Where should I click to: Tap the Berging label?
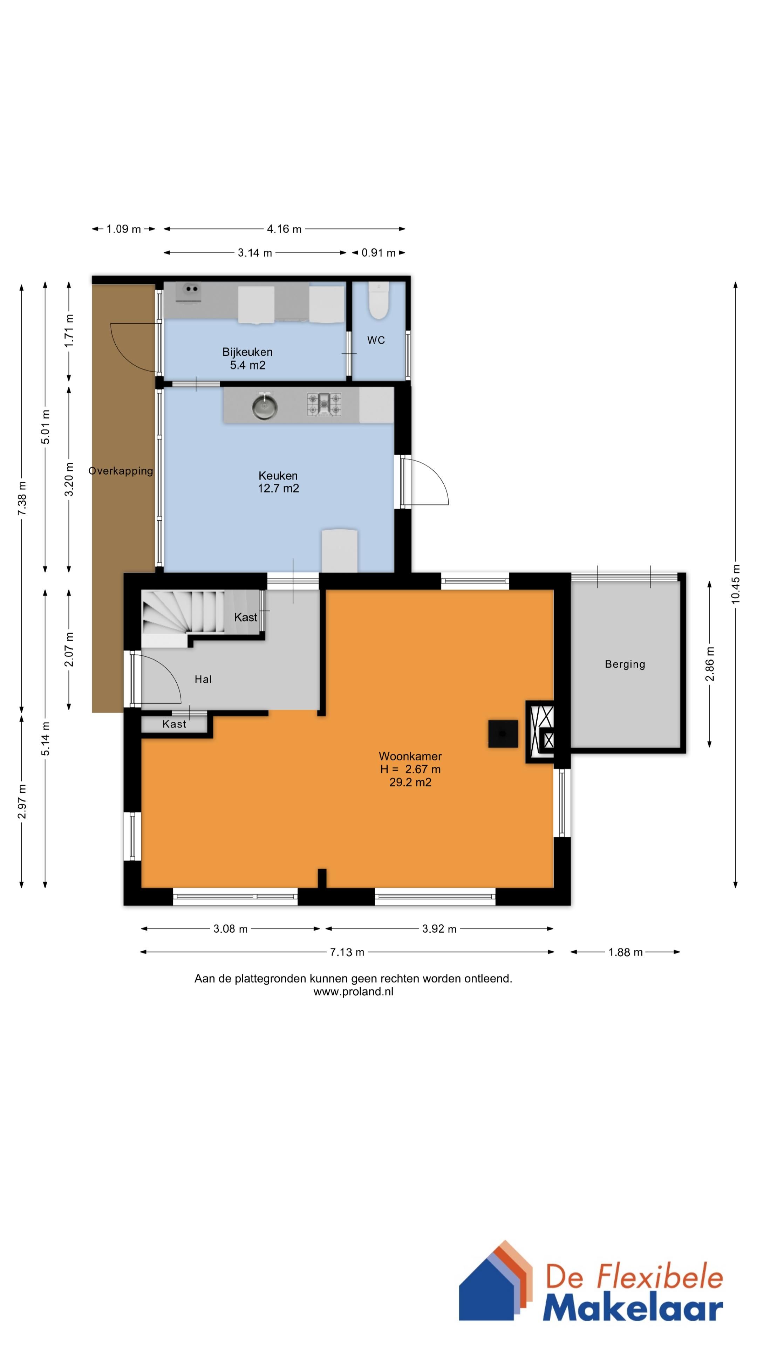pos(625,664)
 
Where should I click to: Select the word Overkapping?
pos(121,471)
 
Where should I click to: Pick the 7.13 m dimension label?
pos(347,952)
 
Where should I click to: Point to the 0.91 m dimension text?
pos(379,253)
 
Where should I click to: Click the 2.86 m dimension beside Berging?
pos(709,664)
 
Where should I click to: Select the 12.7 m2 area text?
pos(279,488)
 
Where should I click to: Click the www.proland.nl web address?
pos(353,992)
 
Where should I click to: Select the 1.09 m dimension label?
pos(124,229)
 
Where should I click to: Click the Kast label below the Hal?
pos(174,724)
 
